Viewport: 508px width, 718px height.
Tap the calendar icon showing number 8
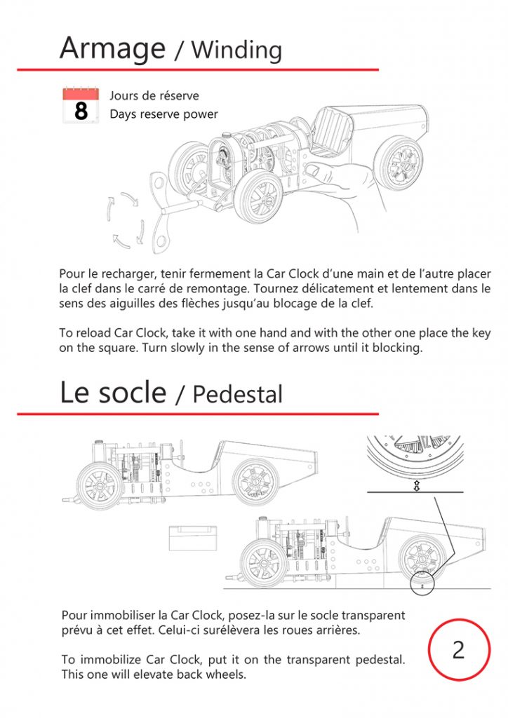coord(81,106)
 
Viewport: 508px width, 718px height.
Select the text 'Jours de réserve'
coord(154,95)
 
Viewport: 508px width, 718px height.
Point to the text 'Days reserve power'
coord(163,114)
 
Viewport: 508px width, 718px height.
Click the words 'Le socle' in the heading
coord(112,392)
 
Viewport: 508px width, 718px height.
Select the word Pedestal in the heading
coord(237,394)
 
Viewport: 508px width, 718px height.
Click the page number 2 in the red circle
coord(458,649)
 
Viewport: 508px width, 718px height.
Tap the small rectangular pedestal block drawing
coord(190,538)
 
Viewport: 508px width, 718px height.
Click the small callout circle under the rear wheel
coord(422,583)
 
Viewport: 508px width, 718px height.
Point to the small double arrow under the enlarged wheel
coord(416,485)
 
